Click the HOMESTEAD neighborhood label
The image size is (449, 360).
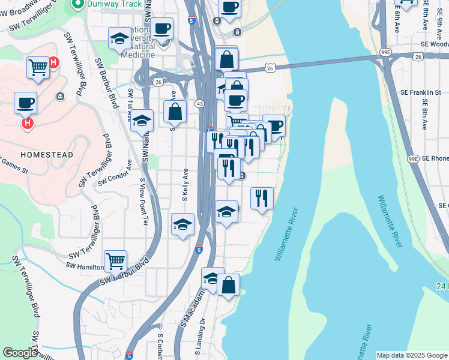pyautogui.click(x=47, y=155)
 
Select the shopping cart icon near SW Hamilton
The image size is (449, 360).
pyautogui.click(x=115, y=260)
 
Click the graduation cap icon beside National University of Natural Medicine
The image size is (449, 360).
pyautogui.click(x=119, y=39)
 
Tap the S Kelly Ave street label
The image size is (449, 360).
pyautogui.click(x=185, y=184)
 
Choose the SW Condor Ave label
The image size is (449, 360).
pyautogui.click(x=115, y=173)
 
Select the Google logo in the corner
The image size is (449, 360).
pyautogui.click(x=20, y=353)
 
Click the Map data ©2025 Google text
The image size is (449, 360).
pyautogui.click(x=411, y=355)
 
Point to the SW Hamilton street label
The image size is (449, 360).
pyautogui.click(x=84, y=266)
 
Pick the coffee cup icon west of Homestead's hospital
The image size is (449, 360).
pyautogui.click(x=26, y=103)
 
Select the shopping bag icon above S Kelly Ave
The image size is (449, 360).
pyautogui.click(x=175, y=111)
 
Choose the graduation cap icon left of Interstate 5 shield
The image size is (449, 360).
pyautogui.click(x=182, y=224)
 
